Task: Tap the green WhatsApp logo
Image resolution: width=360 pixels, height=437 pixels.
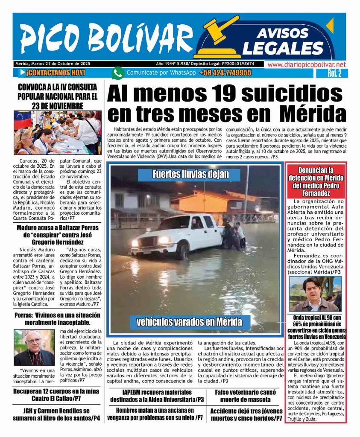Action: [118, 73]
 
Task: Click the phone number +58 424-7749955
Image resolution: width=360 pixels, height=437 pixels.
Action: [225, 73]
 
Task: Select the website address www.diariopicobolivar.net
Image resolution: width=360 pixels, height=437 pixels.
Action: [306, 64]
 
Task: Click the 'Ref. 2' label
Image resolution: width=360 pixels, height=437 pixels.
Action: [334, 73]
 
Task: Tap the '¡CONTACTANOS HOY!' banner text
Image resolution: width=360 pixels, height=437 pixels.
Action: [55, 73]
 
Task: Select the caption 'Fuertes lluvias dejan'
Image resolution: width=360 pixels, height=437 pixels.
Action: [190, 174]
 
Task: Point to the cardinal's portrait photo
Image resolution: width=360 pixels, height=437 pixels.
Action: [34, 347]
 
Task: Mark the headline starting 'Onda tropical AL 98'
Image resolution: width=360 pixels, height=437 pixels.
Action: [316, 327]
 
